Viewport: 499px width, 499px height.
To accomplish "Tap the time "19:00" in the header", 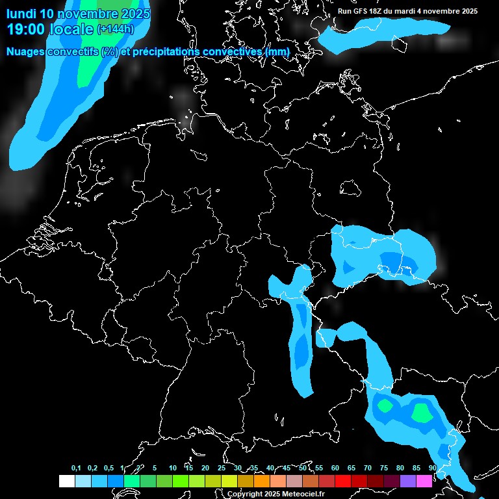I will (x=27, y=29).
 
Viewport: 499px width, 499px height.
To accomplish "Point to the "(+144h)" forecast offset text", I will (x=115, y=29).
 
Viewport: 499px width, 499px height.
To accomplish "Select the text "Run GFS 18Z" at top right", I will (x=360, y=11).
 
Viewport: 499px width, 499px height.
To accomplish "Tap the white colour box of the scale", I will (x=67, y=481).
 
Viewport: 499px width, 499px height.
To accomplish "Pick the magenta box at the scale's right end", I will (x=424, y=481).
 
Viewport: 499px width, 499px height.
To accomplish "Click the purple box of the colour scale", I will (x=408, y=481).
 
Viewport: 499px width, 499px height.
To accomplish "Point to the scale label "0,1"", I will (x=76, y=468).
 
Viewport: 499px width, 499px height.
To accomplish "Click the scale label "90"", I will (x=433, y=468).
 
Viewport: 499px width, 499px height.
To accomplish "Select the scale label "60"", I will (x=335, y=468).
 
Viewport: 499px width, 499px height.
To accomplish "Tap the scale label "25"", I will (x=222, y=468).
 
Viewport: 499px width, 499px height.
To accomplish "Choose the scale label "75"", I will (x=384, y=468).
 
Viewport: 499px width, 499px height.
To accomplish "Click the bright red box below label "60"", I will (x=343, y=481).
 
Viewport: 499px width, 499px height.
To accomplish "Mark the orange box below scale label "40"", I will (x=262, y=481).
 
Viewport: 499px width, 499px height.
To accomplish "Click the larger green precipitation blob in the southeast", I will (x=422, y=412).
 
